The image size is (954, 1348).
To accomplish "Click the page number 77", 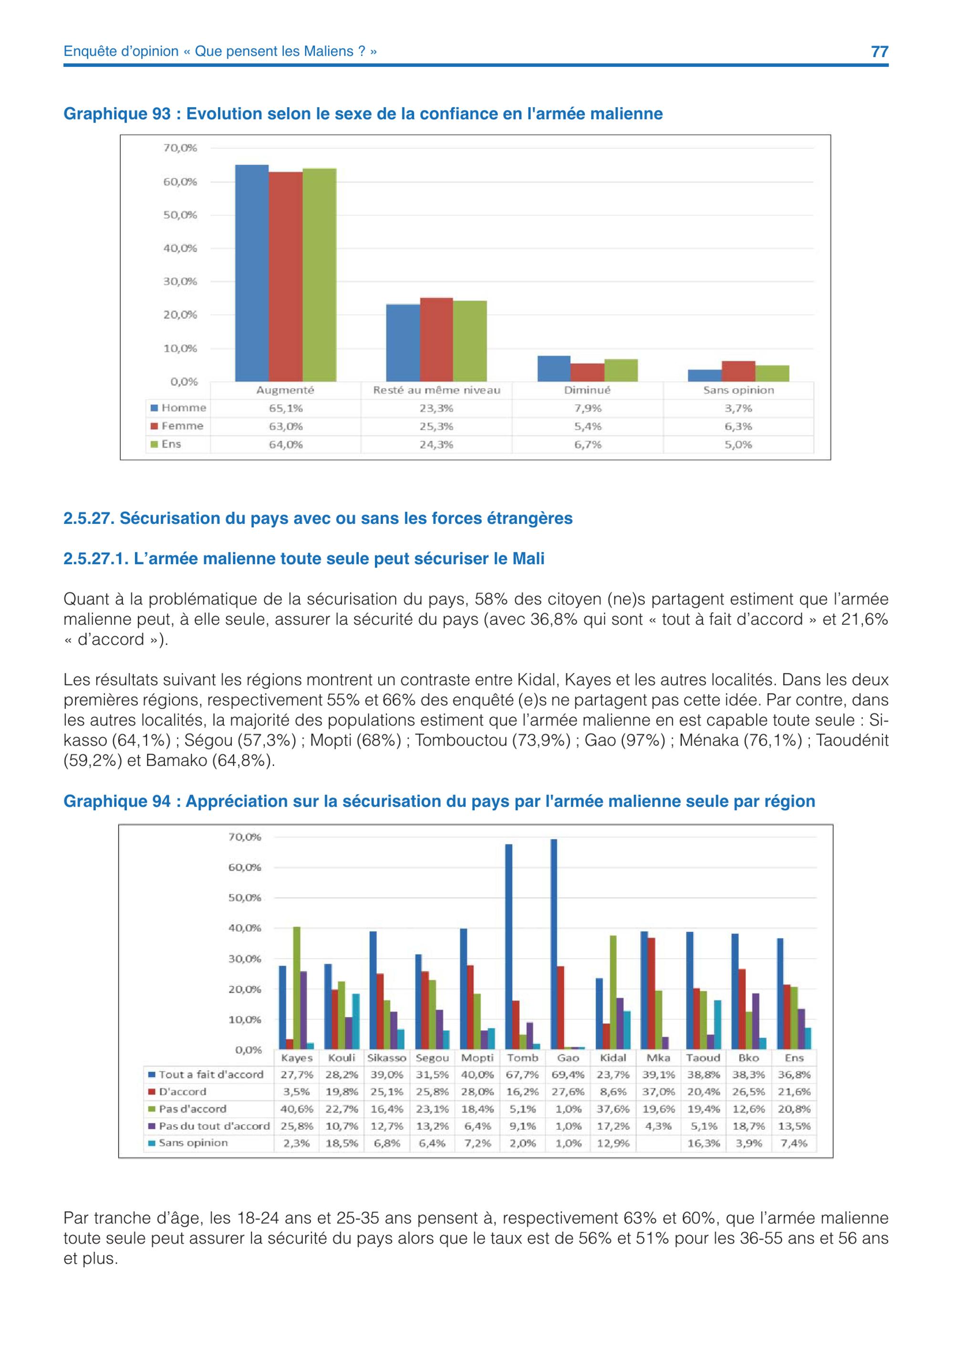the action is pos(880,51).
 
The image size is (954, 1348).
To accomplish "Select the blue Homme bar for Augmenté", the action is pos(252,273).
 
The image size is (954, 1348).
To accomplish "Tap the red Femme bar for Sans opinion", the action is pos(738,371).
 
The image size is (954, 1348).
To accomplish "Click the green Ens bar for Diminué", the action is pos(621,370).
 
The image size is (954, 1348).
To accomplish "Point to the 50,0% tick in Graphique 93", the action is pos(180,215).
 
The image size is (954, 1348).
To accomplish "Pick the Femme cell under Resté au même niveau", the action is pos(436,426).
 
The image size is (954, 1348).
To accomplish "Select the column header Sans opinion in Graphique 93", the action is pos(738,390).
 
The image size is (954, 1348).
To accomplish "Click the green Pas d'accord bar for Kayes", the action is pos(297,988).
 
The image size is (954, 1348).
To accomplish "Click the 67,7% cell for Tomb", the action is pos(522,1074).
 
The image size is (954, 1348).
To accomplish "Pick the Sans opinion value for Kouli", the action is pos(342,1143).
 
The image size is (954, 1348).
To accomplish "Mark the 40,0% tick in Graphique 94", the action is pos(244,928).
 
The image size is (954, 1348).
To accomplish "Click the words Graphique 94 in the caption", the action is pos(117,801).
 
